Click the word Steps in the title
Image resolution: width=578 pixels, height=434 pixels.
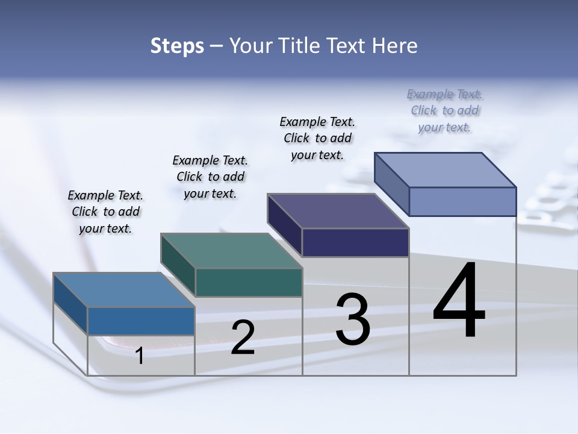coord(177,46)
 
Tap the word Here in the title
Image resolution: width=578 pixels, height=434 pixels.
coord(395,46)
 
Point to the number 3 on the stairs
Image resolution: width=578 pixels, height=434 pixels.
coord(353,319)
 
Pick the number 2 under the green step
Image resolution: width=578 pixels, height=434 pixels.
coord(243,338)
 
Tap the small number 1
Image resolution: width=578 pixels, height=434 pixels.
coord(140,356)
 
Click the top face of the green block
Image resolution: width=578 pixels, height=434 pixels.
coord(231,251)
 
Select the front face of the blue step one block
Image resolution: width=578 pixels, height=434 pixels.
coord(141,321)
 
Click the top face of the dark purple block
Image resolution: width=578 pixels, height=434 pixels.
coord(338,211)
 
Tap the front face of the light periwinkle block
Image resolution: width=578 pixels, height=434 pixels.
coord(462,201)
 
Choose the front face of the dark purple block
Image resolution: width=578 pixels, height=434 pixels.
coord(355,242)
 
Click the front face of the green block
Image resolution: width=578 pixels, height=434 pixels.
coord(249,282)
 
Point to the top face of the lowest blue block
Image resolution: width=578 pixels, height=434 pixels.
coord(124,290)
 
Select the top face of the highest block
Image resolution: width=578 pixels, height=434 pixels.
coord(446,170)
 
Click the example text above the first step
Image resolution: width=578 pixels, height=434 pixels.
coord(105,212)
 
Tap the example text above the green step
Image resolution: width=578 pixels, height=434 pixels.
coord(210,177)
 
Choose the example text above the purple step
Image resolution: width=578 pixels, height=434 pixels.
coord(317,139)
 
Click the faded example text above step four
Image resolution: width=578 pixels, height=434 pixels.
coord(445,111)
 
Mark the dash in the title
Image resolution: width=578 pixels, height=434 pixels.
coord(217,46)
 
